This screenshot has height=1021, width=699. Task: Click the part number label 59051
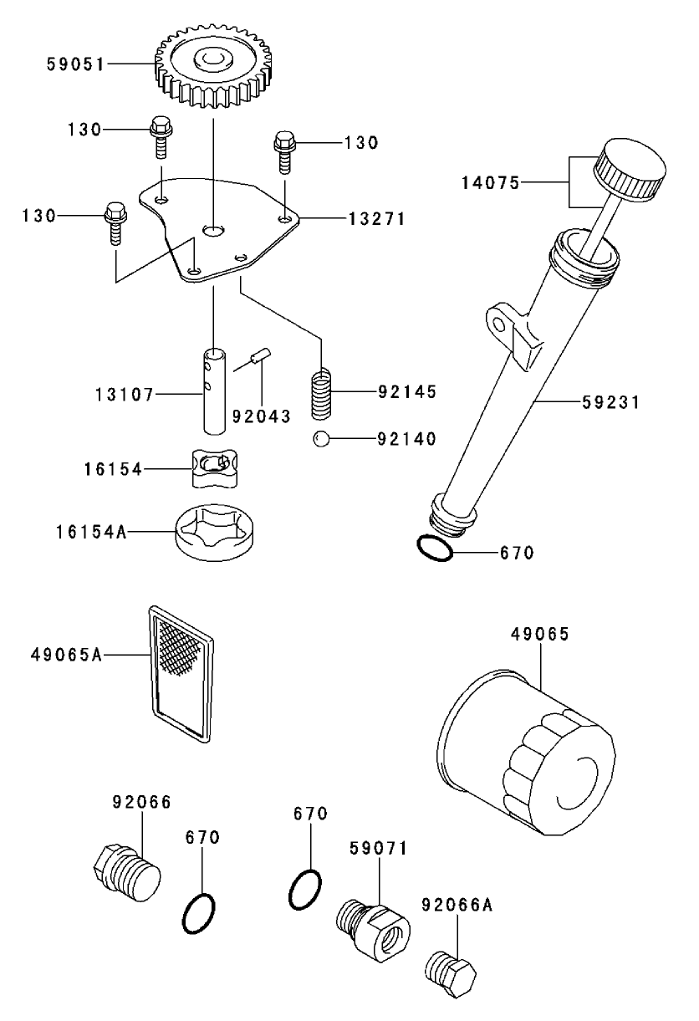point(75,64)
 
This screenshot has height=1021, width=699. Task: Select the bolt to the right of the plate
point(285,152)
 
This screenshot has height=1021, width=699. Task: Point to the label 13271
point(377,219)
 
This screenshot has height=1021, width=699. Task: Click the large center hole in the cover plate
point(213,231)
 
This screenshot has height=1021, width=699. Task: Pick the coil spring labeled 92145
point(321,393)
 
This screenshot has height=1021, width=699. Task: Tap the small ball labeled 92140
point(321,439)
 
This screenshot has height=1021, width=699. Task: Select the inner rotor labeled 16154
point(214,468)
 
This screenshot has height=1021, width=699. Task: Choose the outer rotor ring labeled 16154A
point(214,532)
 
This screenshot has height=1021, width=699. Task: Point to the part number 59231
point(610,402)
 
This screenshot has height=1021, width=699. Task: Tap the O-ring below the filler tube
point(435,548)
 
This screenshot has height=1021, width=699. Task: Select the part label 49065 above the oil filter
point(540,634)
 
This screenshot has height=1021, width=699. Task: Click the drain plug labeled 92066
point(127,872)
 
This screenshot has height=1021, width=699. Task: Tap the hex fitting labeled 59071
point(373,928)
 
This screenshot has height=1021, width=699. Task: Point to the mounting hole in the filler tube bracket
point(501,324)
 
